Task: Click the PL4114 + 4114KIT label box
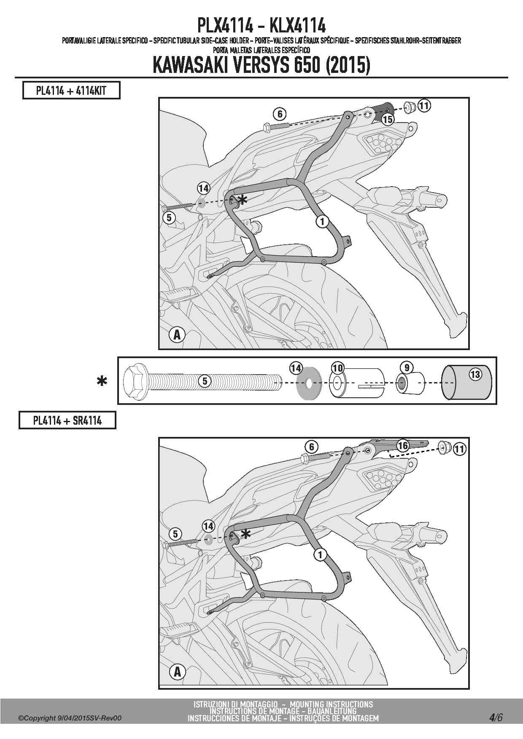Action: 71,91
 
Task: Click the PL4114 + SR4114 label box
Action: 67,420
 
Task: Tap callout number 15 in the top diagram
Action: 388,120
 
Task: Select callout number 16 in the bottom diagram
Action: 403,445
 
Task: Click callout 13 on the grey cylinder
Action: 475,374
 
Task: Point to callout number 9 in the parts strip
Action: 407,368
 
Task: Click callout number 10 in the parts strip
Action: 337,368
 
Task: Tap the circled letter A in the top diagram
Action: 177,335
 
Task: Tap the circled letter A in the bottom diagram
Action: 177,672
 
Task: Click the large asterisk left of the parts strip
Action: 102,381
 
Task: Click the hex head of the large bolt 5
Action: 135,382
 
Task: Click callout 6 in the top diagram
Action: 279,114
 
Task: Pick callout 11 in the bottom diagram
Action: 459,449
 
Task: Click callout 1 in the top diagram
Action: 322,221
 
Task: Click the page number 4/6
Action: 496,717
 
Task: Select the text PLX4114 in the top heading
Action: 225,26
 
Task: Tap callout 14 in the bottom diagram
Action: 208,526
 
